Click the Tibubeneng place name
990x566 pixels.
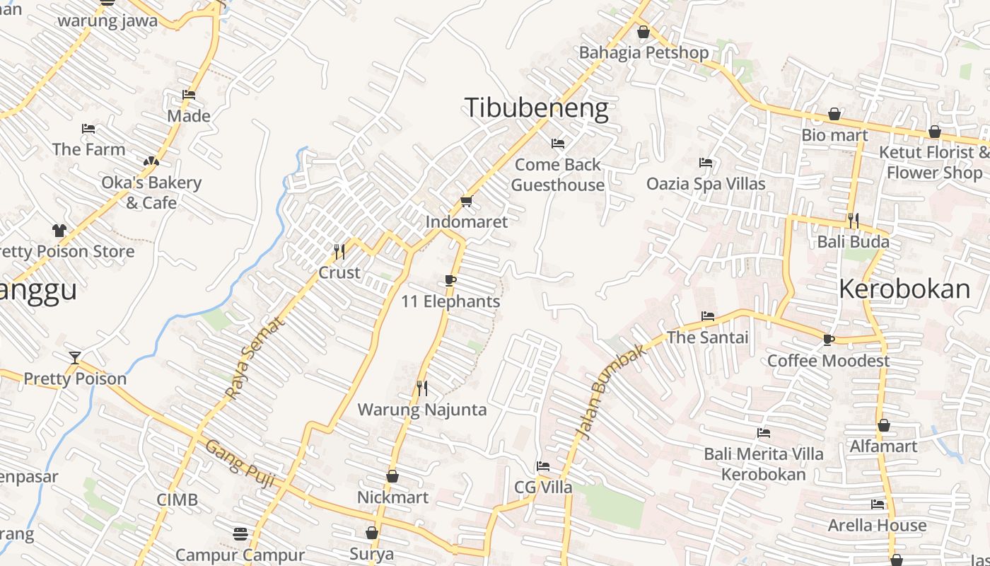click(536, 108)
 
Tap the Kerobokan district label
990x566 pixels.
click(904, 289)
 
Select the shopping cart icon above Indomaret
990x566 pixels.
click(466, 202)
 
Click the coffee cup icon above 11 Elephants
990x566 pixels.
click(450, 281)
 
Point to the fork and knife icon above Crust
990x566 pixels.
click(339, 251)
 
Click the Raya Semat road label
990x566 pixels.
click(255, 357)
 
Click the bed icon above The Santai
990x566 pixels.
click(707, 316)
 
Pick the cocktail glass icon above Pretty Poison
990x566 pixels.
click(75, 358)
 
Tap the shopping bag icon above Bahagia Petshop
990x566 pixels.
click(643, 32)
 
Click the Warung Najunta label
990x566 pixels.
click(422, 410)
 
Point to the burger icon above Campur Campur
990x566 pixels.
click(240, 533)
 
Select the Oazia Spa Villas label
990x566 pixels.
click(706, 184)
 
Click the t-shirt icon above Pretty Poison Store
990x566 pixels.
click(59, 231)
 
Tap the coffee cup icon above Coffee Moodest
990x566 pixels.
click(828, 340)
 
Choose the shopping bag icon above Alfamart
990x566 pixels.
click(883, 426)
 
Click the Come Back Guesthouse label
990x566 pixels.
click(558, 175)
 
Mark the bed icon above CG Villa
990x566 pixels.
click(542, 466)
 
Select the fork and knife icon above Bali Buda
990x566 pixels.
click(854, 221)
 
